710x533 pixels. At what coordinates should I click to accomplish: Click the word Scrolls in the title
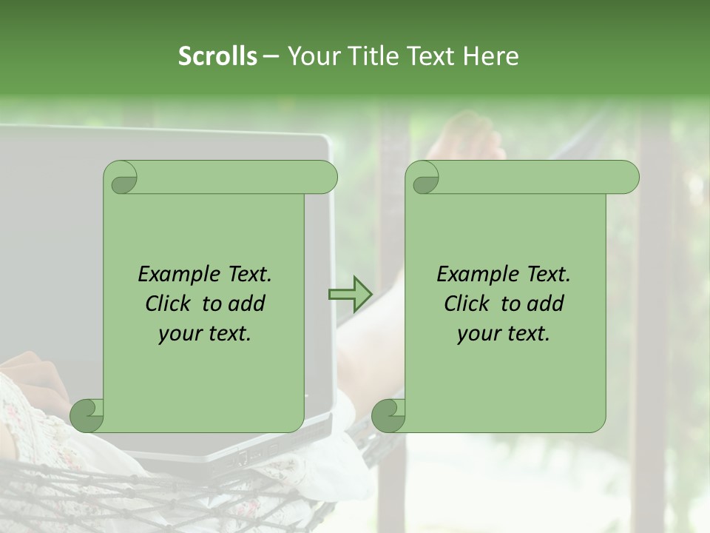coord(217,56)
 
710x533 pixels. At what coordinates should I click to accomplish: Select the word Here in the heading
coord(491,56)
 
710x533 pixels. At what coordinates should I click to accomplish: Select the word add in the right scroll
coord(547,304)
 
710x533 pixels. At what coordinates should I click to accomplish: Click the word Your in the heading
coord(311,56)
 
